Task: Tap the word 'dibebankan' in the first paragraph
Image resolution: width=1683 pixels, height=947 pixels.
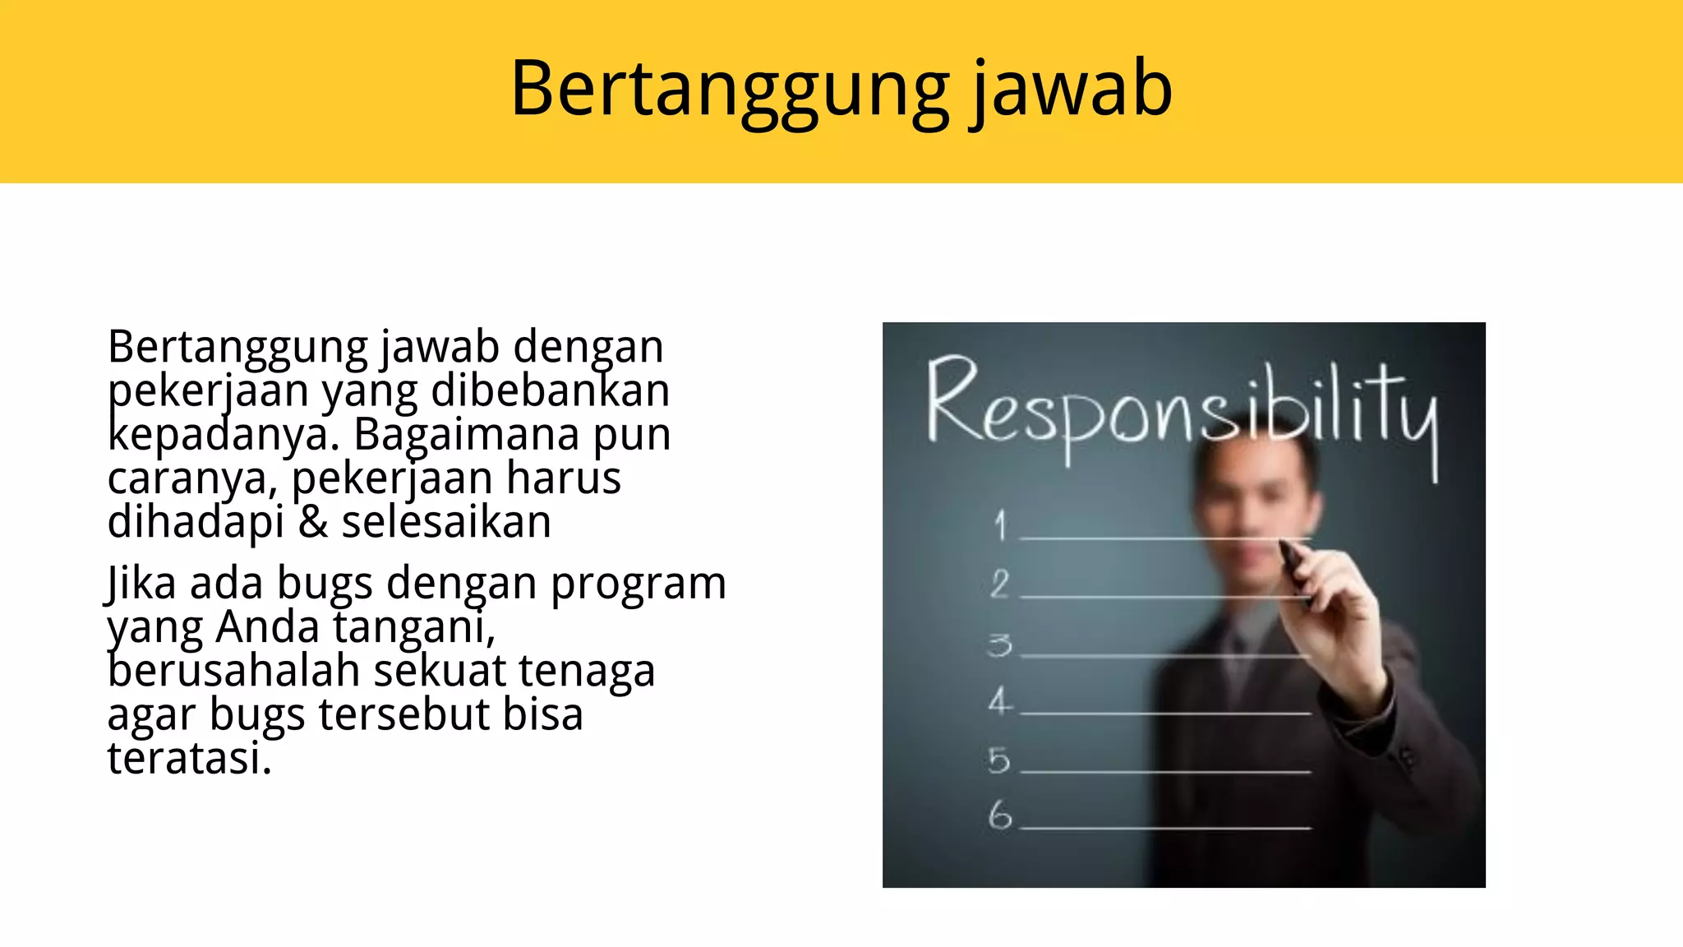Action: point(550,390)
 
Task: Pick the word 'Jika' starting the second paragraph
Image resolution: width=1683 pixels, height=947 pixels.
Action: point(141,584)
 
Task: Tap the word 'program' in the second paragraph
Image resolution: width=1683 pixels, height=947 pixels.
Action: point(638,584)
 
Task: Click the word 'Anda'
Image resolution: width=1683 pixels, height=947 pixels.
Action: point(267,627)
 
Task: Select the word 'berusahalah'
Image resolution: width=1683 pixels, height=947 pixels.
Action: point(233,671)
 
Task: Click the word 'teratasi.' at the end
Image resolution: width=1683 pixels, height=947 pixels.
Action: point(189,758)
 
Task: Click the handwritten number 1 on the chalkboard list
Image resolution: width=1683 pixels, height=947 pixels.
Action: point(1000,525)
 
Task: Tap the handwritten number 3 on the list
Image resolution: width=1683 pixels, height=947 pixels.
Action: point(1000,645)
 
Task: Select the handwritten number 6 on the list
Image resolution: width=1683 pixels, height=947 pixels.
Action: point(1000,815)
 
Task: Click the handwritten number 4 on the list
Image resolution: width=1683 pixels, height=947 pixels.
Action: point(1000,701)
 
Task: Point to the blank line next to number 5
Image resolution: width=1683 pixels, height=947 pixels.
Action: point(1165,772)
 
